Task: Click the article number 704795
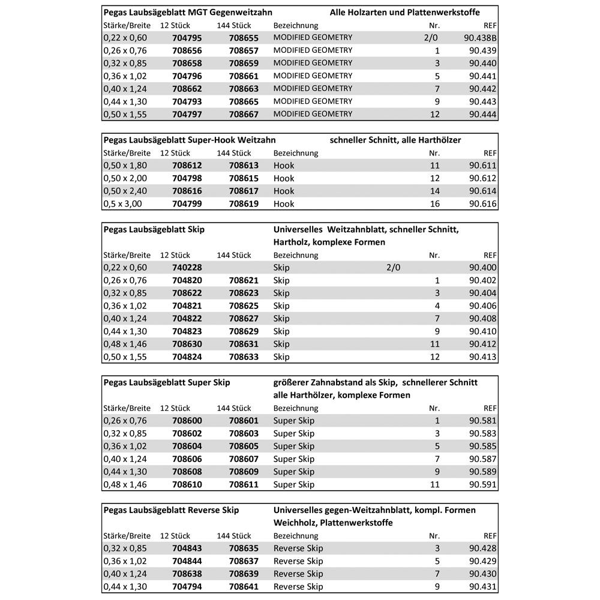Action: coord(187,38)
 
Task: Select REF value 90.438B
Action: coord(480,38)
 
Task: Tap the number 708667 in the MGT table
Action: coord(244,114)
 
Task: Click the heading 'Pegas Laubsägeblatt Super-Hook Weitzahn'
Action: coord(190,140)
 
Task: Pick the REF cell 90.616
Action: coord(483,204)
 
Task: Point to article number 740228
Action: coord(187,268)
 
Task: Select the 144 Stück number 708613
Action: coord(244,166)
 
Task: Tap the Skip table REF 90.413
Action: coord(483,357)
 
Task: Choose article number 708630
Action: coord(187,344)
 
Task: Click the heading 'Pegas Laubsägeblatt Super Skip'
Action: coord(167,382)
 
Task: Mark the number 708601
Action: coord(244,421)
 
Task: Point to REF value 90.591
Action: coord(483,484)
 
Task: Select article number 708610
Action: coord(187,484)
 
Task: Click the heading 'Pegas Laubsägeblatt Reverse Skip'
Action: coord(171,510)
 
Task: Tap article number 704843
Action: coord(187,548)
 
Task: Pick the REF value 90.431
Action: coord(483,587)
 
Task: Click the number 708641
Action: coord(244,587)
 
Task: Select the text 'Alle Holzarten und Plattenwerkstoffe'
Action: coord(404,12)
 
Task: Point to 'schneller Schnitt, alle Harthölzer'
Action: coord(395,140)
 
